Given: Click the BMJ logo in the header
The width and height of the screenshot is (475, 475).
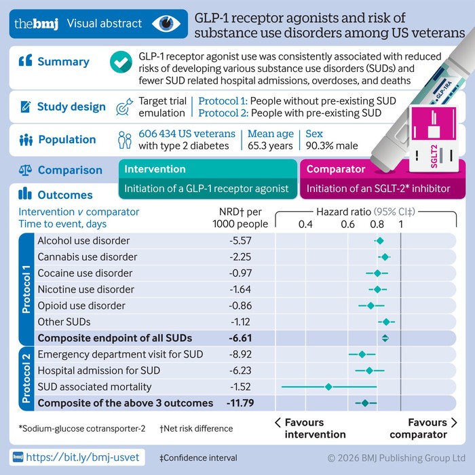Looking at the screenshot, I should coord(32,24).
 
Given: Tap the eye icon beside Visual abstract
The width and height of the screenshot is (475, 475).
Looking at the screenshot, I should coord(166,24).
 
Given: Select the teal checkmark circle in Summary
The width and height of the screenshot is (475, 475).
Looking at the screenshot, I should coord(120,62).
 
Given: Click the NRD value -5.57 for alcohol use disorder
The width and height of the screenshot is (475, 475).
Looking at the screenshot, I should coord(240,241).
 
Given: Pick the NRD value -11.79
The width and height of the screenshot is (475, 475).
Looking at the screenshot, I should coord(238,403).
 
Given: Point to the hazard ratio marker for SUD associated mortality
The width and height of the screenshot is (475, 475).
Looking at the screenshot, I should coord(328,387).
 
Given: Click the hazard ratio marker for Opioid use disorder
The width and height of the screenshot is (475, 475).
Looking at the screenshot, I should coord(370,305).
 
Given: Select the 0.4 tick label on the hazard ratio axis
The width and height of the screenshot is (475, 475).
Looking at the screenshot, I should coord(305,224).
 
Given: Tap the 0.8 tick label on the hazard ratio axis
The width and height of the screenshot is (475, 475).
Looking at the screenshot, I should coord(377,224).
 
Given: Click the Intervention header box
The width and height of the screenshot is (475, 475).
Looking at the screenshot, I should coord(208,169).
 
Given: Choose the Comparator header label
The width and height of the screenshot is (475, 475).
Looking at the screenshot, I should coord(336,169).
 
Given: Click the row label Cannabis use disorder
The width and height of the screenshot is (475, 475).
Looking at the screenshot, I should coord(88,257).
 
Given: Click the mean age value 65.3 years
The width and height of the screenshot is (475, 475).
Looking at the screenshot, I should coord(270,145).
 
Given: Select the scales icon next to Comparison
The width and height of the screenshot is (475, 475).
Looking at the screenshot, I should coord(26,170).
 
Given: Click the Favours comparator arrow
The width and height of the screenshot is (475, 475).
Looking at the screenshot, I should coord(453,423).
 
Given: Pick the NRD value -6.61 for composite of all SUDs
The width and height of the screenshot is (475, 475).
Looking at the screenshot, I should coord(240,338).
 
